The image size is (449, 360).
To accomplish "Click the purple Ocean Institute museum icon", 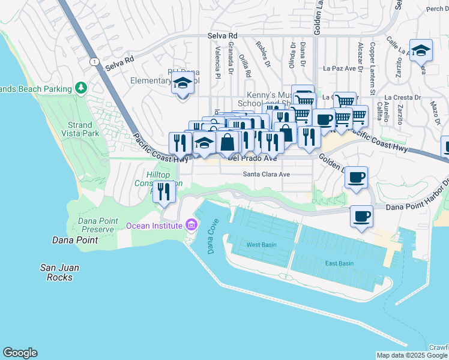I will coord(191,226).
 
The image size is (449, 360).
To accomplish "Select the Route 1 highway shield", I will coord(94,62).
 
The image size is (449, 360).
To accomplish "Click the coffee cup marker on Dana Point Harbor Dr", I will coord(361,216).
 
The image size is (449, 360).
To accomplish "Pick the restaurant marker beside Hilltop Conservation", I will coord(164,191).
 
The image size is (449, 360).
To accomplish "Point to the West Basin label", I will coord(261,245).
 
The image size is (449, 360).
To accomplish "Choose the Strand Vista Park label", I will coord(79,129).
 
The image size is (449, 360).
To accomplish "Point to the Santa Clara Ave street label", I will coord(267,175).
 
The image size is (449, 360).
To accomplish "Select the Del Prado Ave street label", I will coord(252,159).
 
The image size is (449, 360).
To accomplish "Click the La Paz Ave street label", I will coord(340,68).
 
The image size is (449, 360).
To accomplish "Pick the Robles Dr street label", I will coord(263,55).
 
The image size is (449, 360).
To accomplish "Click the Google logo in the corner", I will coord(20,353).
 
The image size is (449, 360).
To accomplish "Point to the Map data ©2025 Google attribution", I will coord(412,355).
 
